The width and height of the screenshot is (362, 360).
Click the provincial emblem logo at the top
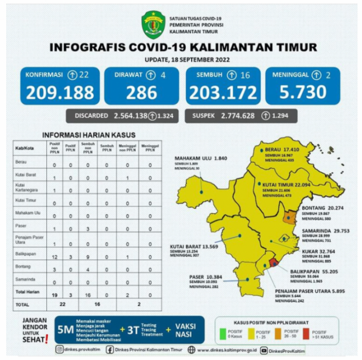click(x=152, y=24)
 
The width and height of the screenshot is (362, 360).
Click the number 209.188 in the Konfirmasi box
click(x=60, y=93)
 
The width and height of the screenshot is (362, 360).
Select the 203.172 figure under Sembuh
click(x=223, y=93)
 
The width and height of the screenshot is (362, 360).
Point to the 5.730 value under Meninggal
click(x=303, y=93)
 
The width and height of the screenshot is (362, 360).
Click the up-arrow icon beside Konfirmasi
click(x=73, y=75)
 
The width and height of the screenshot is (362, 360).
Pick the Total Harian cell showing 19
click(x=54, y=295)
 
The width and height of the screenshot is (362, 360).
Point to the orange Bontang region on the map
click(x=289, y=217)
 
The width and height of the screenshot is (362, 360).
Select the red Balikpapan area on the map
click(x=274, y=262)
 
